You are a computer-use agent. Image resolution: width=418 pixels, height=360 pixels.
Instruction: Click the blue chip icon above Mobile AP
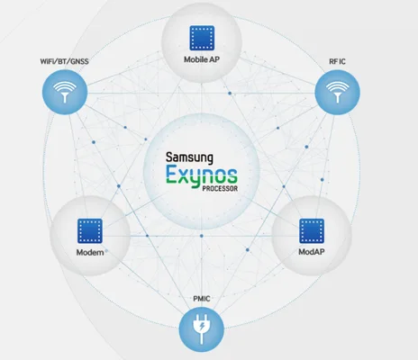(x=202, y=38)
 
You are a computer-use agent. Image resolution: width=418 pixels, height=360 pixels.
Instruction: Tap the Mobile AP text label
(x=202, y=59)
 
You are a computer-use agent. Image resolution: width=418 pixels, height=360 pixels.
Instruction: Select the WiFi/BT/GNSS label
(x=64, y=61)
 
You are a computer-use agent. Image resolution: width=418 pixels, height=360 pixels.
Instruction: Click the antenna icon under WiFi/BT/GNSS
(x=65, y=92)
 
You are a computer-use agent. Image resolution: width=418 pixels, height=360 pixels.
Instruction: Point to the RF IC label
(x=337, y=61)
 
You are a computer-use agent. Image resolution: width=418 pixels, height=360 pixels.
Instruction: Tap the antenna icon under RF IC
(x=338, y=92)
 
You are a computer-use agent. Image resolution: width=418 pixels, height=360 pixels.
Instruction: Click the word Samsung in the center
(x=189, y=157)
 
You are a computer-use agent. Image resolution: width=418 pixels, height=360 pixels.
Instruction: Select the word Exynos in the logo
(x=202, y=175)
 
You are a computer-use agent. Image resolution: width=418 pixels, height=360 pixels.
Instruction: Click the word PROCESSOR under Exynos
(x=220, y=189)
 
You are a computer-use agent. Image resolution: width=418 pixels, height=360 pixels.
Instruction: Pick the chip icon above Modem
(x=90, y=230)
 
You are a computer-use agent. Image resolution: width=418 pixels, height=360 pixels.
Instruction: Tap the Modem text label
(x=90, y=252)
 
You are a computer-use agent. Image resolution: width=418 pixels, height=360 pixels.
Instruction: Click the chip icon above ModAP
(x=312, y=230)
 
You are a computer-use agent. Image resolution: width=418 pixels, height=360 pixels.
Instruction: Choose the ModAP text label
(x=312, y=252)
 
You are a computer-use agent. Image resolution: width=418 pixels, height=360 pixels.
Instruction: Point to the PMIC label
(x=202, y=299)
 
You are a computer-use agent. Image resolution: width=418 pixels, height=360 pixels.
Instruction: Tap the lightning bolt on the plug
(x=202, y=325)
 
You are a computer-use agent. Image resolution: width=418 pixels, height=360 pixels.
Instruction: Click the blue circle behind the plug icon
(x=202, y=329)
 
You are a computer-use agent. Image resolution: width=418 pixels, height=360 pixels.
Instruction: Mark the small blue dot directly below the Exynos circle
(x=202, y=236)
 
